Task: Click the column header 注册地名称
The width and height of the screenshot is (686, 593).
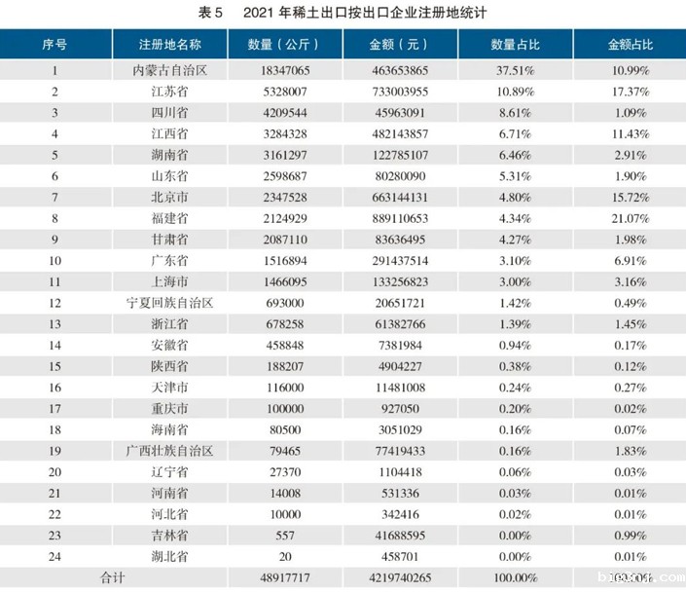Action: [x=170, y=45]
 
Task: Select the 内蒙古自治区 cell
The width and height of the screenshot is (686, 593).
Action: [x=170, y=70]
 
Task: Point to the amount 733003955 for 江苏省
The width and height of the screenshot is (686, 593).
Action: [x=399, y=92]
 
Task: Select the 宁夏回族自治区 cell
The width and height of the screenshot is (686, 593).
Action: [x=170, y=302]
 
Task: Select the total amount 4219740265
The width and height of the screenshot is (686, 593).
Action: [x=399, y=576]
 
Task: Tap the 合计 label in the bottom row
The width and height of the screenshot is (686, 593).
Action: [x=114, y=576]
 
